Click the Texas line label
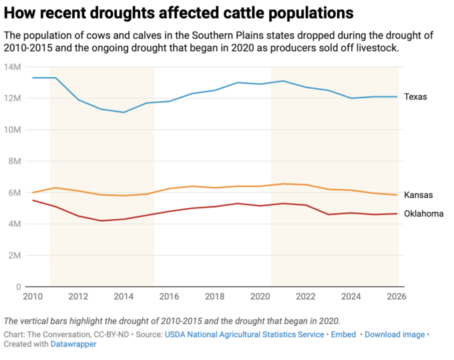415,97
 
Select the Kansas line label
418,195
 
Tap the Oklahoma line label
423,214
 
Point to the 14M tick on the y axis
13,67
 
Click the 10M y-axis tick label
13,130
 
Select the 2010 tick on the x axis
33,297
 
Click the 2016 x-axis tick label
170,297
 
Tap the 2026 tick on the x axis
398,297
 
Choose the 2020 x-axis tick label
261,297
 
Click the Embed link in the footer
344,334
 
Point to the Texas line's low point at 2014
124,112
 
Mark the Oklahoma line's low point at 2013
101,220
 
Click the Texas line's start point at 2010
33,77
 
